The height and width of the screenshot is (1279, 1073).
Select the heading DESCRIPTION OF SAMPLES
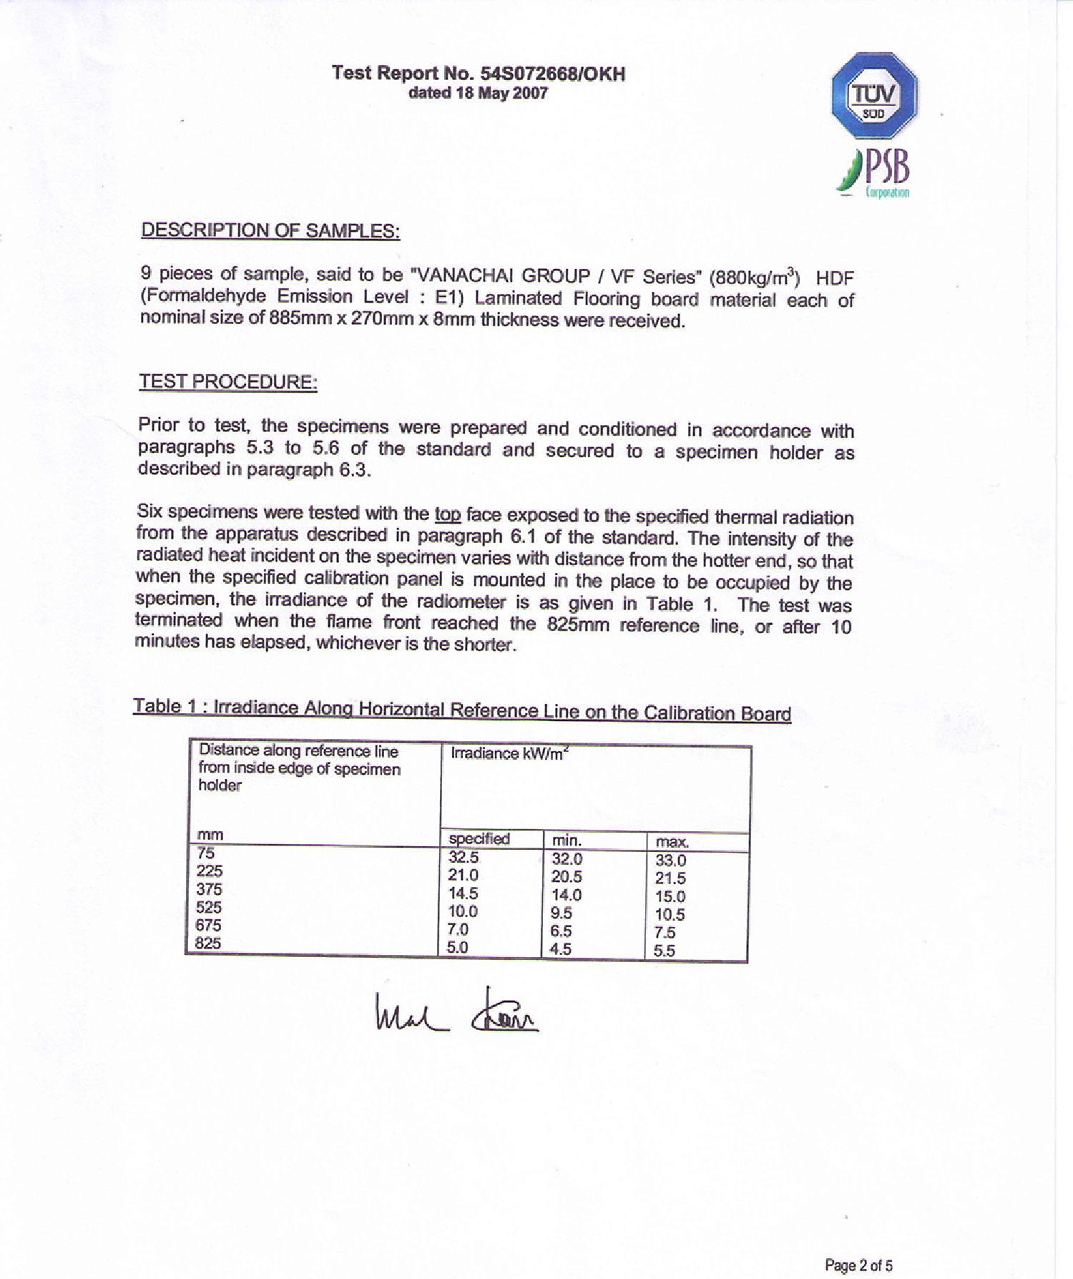click(x=270, y=230)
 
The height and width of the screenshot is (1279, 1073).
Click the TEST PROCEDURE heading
click(x=228, y=382)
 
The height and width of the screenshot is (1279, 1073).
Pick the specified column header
click(x=479, y=839)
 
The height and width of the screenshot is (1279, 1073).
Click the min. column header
click(x=567, y=841)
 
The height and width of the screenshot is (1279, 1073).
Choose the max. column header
click(x=672, y=842)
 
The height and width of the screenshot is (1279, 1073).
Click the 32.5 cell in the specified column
click(x=464, y=857)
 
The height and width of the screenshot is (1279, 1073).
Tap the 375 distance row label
click(x=209, y=889)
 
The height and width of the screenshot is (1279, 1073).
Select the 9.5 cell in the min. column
click(x=562, y=913)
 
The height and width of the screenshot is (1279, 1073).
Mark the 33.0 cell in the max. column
click(x=671, y=861)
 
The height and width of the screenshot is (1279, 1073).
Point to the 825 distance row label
click(x=208, y=943)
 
